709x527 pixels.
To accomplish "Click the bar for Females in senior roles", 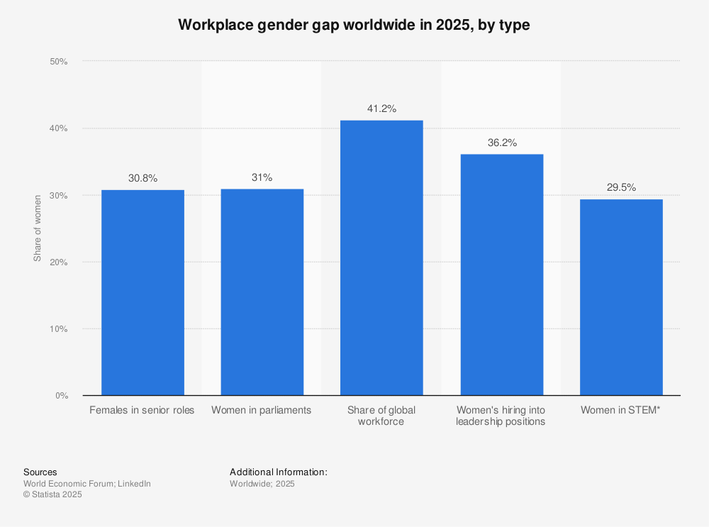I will click(x=143, y=292).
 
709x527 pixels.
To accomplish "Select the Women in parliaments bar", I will click(x=262, y=292).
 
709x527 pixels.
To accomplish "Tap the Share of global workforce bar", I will click(x=381, y=257).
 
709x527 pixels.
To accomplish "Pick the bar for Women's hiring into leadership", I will click(x=501, y=274).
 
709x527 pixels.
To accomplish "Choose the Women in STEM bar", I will click(x=621, y=296).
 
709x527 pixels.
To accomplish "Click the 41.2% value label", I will click(x=381, y=109).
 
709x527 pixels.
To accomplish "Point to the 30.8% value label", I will click(x=143, y=178).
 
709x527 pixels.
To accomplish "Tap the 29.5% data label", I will click(x=621, y=187).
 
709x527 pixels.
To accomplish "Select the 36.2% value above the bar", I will click(x=501, y=143).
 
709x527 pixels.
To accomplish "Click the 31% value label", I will click(x=262, y=177).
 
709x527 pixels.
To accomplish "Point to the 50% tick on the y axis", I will click(x=58, y=62).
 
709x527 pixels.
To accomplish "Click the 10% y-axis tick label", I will click(x=58, y=329).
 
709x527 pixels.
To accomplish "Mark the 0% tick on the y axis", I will click(x=60, y=396).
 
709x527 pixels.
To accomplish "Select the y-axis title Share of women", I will click(x=38, y=228).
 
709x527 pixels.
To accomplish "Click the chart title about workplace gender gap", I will click(x=354, y=25).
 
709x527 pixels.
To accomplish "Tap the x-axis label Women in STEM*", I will click(x=621, y=410).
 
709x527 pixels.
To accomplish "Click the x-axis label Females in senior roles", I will click(x=142, y=410).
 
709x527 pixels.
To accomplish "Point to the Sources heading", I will click(x=40, y=472).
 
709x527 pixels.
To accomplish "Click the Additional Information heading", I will click(x=278, y=472).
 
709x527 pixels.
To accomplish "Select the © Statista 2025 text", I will click(x=52, y=495).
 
